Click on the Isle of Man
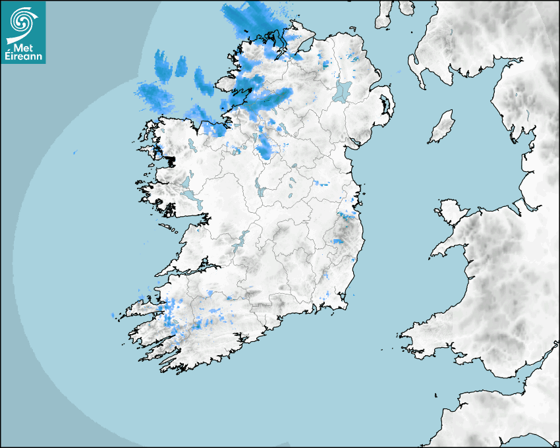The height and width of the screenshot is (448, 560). click(x=442, y=127)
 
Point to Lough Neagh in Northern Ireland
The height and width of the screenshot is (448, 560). click(x=343, y=90)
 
